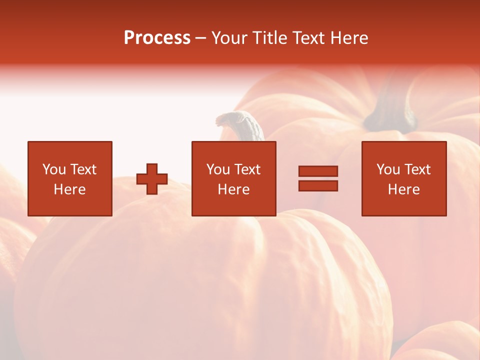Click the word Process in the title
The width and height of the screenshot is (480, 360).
click(x=157, y=38)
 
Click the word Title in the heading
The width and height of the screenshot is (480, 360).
click(x=270, y=38)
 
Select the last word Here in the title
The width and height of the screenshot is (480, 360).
click(x=349, y=38)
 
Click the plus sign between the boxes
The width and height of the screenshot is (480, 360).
click(x=152, y=179)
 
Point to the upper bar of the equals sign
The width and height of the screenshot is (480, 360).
click(x=318, y=171)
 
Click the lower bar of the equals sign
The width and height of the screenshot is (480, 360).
click(x=318, y=186)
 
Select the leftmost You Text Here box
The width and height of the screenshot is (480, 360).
click(x=70, y=178)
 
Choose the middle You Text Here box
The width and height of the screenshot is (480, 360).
click(x=233, y=178)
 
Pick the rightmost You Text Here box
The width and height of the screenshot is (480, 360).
click(x=403, y=178)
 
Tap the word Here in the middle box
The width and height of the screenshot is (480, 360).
click(x=233, y=189)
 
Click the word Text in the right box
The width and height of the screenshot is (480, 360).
click(x=418, y=169)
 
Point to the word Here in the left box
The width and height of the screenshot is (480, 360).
click(x=70, y=189)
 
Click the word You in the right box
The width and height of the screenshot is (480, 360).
click(x=388, y=169)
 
